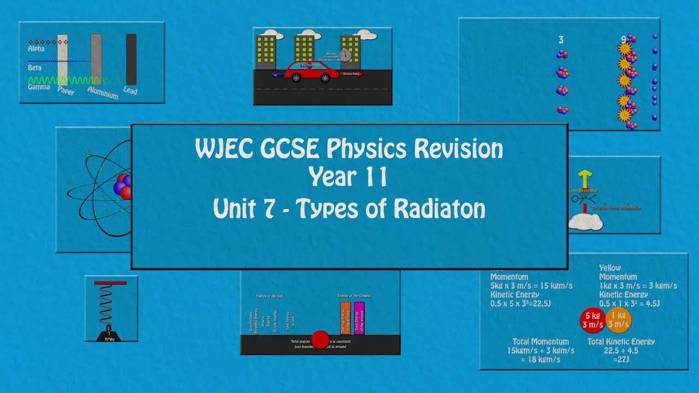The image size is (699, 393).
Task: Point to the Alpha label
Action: pos(36,49)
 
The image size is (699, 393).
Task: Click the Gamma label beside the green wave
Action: pos(39,87)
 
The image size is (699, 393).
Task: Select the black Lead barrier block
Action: pos(131,59)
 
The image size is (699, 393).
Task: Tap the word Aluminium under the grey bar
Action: pos(103,93)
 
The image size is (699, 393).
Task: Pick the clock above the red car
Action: pos(345,55)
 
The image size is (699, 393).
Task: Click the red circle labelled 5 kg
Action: pos(593,320)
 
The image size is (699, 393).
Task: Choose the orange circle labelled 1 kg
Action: pos(619,320)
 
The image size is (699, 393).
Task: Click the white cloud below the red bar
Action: pos(585,221)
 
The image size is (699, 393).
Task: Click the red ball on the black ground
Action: pos(320,339)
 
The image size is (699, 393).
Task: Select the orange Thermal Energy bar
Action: pos(345,318)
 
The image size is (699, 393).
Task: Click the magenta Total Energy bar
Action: pos(359,318)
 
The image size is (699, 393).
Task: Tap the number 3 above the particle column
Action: pos(561,40)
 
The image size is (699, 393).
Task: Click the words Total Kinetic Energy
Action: pos(621,342)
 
